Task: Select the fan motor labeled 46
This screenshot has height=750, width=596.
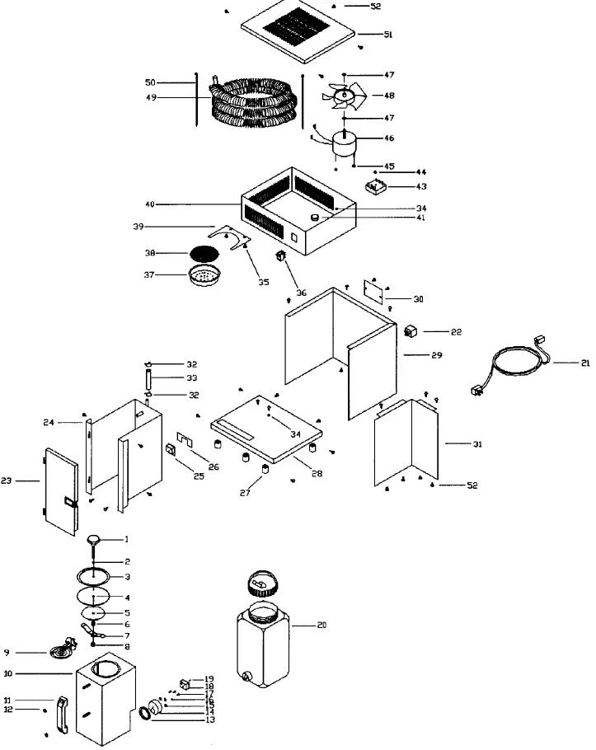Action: click(345, 143)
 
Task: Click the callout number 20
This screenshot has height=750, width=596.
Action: click(321, 626)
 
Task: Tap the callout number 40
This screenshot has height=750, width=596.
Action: click(149, 204)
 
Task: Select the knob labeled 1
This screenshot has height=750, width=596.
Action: click(96, 540)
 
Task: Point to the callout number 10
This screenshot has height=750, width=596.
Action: click(7, 673)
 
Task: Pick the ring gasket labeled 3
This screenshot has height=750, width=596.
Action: click(97, 576)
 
